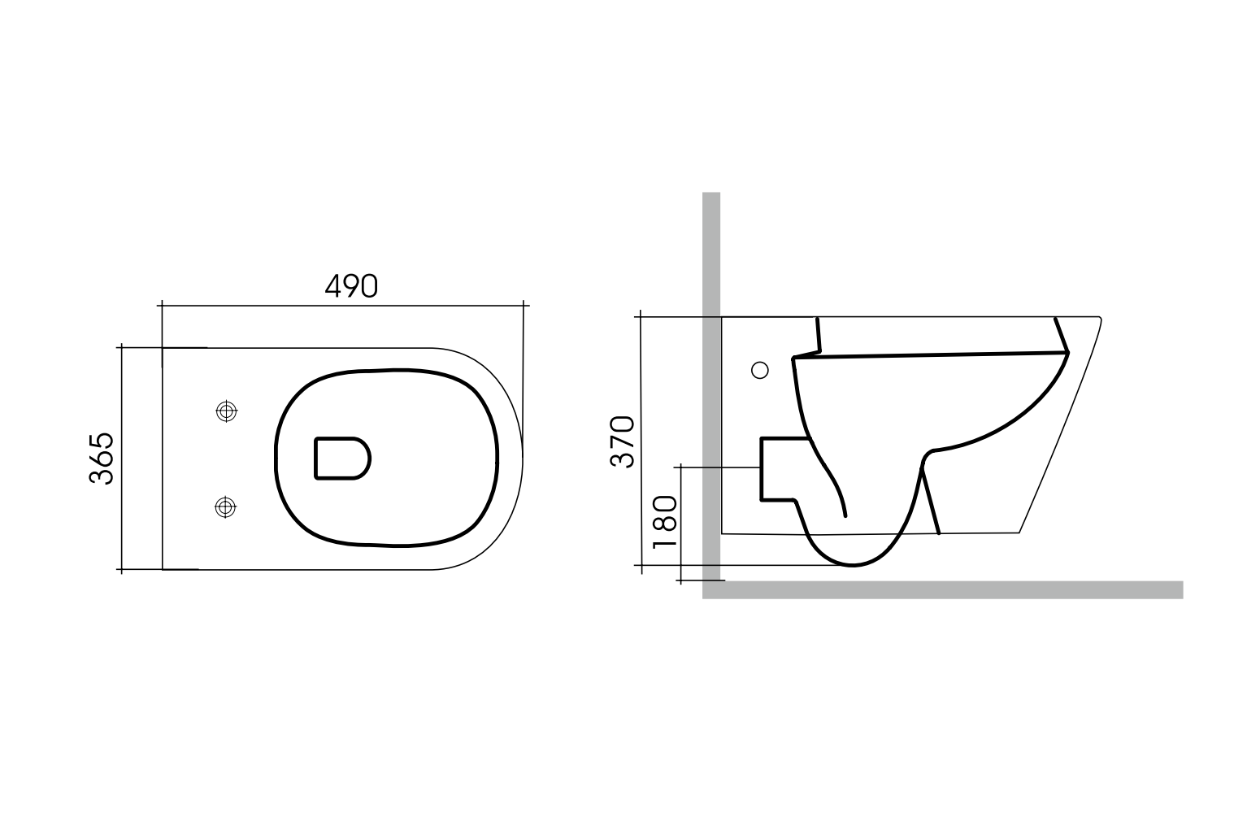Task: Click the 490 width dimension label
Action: coord(351,285)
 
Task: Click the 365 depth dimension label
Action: coord(102,459)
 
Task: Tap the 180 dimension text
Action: coord(664,521)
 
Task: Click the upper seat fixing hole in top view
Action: coord(227,411)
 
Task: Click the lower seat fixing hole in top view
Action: coord(226,507)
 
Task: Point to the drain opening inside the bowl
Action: coord(341,459)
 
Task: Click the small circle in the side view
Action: coord(760,371)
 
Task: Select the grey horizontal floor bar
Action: coord(943,590)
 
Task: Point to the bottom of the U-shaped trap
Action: coord(852,564)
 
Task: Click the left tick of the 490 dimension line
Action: coord(162,306)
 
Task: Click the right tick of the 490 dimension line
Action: coord(524,306)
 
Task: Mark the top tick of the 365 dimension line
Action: coord(122,347)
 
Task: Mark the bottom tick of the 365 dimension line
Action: coord(122,569)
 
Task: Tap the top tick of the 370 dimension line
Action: coord(641,316)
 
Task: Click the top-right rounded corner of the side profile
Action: coord(1098,319)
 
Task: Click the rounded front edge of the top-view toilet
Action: coord(521,459)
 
